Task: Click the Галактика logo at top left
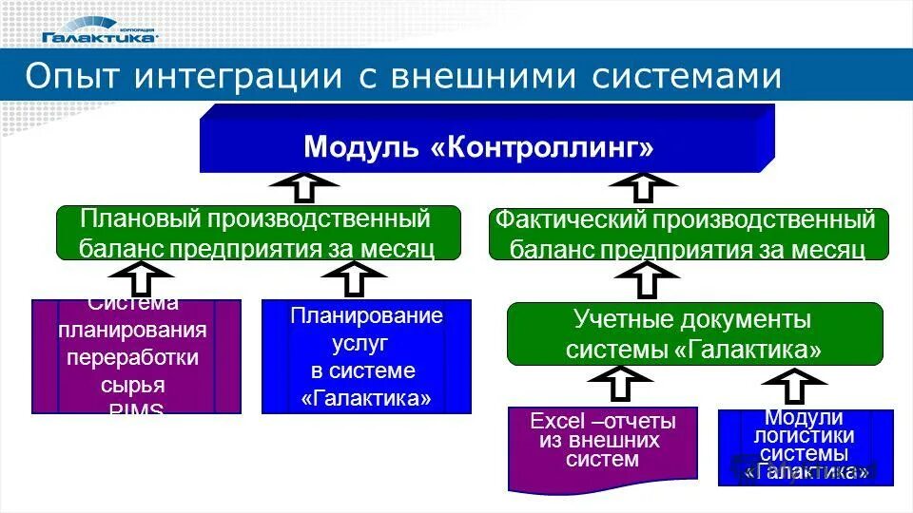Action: (99, 31)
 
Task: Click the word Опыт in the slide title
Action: (71, 76)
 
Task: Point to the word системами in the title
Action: (687, 76)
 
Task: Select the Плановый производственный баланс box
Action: (259, 234)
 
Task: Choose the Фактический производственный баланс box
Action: (689, 235)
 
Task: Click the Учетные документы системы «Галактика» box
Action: (694, 333)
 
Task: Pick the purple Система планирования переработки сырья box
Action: (136, 356)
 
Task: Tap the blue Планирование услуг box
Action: (366, 356)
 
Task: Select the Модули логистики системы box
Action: (805, 446)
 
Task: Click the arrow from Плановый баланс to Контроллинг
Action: (303, 187)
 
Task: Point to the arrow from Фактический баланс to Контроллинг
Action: (644, 187)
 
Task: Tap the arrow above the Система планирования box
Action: (140, 279)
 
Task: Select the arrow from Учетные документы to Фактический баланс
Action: (645, 280)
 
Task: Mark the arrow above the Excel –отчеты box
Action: (619, 385)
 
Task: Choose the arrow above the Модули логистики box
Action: (796, 386)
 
